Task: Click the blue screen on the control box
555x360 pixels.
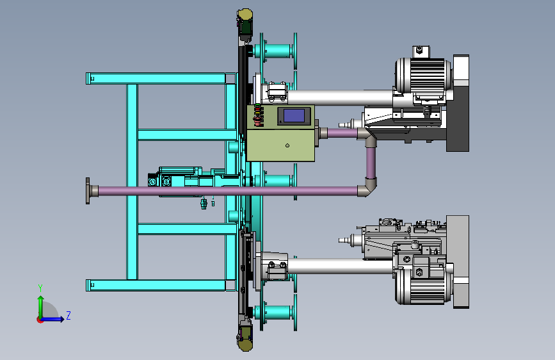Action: (294, 115)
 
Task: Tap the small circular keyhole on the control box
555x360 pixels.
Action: (287, 145)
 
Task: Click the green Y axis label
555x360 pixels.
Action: (40, 288)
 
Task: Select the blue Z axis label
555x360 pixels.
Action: (68, 315)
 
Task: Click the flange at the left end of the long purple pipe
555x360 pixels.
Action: (88, 191)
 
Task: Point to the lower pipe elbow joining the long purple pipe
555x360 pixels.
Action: (367, 188)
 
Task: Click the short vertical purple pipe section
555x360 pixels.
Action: (371, 163)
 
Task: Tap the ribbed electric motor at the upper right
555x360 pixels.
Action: (423, 76)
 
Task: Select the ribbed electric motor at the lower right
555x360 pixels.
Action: (423, 286)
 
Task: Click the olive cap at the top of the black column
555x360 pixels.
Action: (245, 15)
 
